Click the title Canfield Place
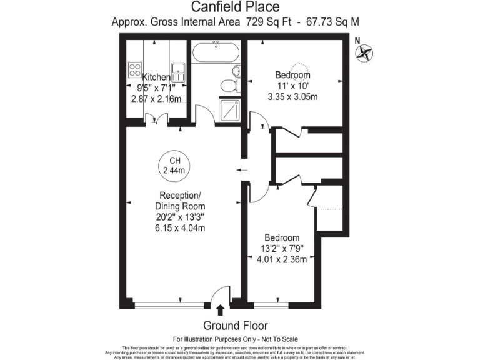point(235,7)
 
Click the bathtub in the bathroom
point(216,52)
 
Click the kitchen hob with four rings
point(135,70)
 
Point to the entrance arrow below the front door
point(220,310)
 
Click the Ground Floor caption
point(236,326)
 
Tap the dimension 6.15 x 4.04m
point(180,227)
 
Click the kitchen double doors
point(156,119)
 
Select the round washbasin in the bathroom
point(236,71)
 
